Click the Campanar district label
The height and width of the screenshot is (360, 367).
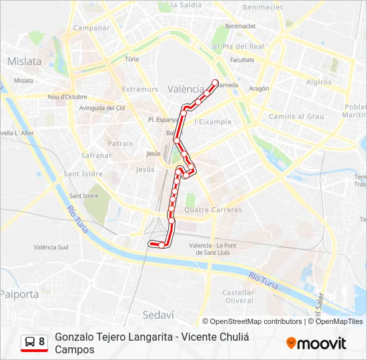91,28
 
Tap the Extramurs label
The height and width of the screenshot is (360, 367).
140,89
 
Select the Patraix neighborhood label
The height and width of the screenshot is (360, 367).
121,143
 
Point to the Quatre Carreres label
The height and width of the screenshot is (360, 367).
213,209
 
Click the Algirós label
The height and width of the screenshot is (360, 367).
318,82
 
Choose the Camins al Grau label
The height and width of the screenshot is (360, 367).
296,117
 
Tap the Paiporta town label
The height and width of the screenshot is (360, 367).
19,293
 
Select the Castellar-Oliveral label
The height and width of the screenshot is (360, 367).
238,297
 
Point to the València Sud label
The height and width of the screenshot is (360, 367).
51,247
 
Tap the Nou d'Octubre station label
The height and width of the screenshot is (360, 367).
67,97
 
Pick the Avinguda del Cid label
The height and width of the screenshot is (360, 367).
102,108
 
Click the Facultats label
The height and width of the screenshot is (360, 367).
242,59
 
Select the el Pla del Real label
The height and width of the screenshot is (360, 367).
238,47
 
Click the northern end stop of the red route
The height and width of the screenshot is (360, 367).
216,83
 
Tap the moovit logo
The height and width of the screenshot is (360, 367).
316,343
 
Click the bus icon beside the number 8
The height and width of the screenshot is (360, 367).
30,342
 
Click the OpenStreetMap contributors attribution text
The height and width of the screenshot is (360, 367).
256,321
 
